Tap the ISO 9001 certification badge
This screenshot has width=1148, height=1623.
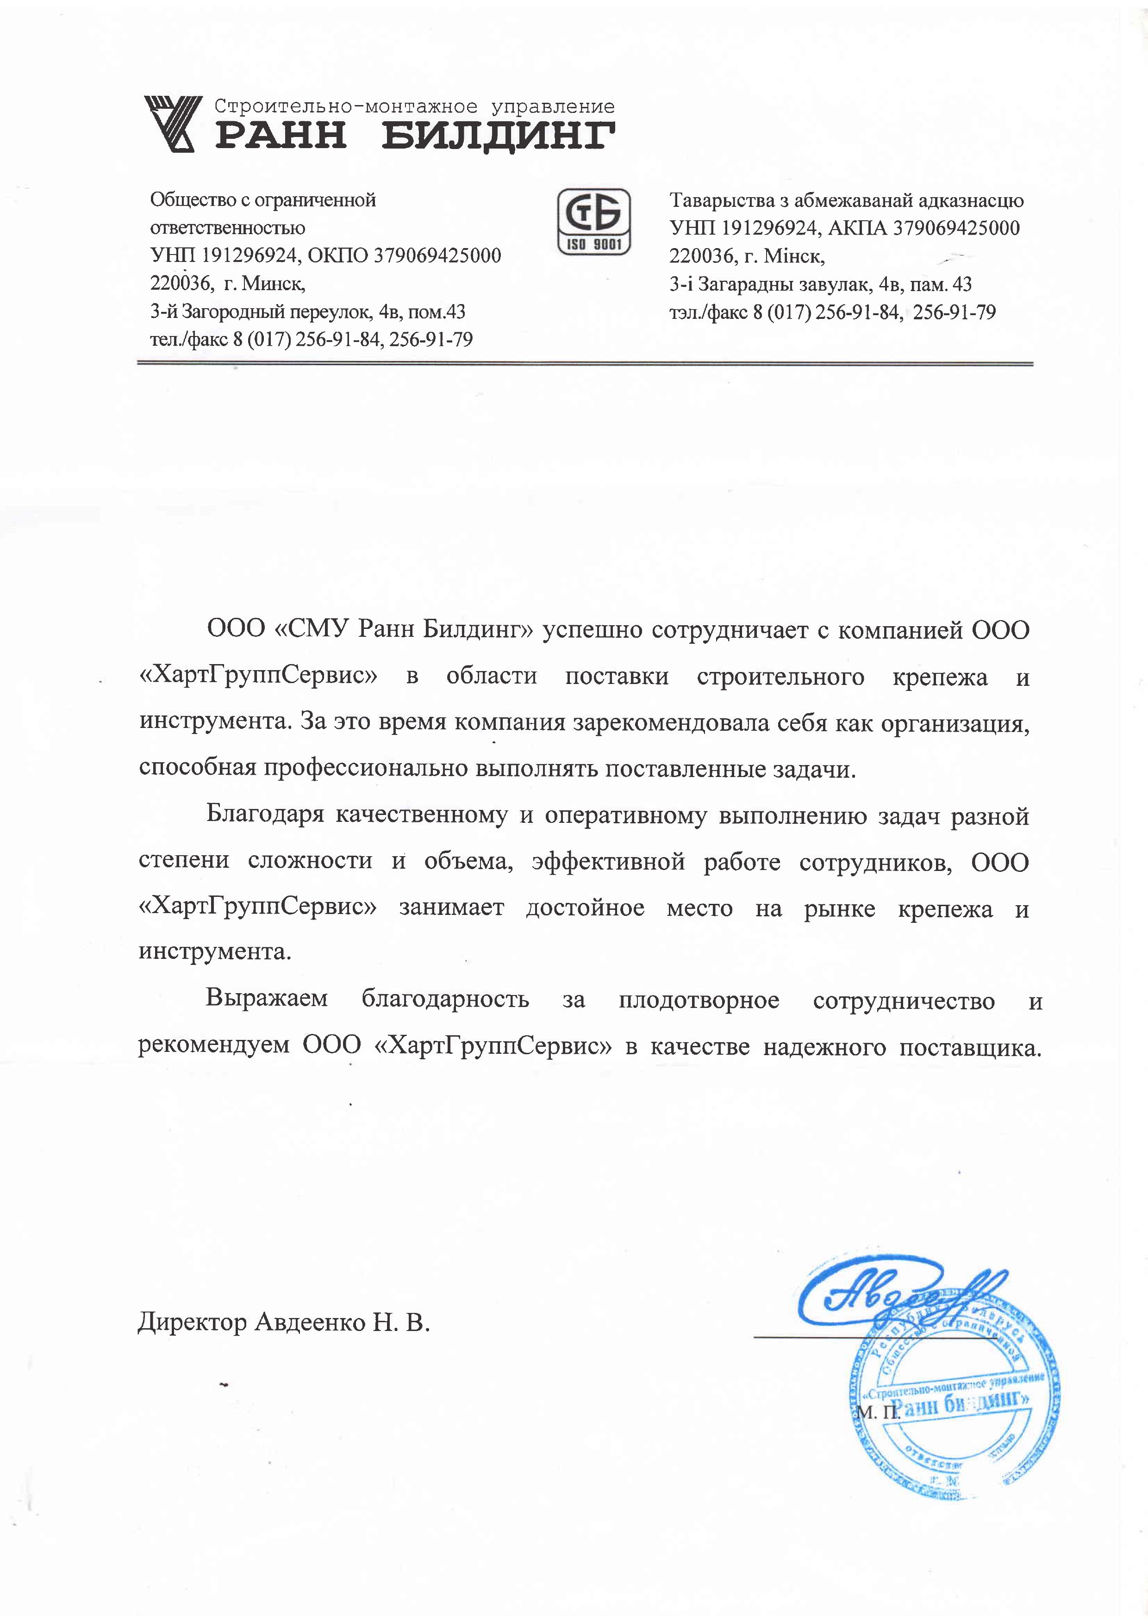pos(594,221)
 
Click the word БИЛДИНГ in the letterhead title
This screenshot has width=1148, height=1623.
pos(499,134)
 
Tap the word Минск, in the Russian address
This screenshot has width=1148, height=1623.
pos(273,284)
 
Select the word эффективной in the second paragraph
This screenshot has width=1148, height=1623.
pos(608,862)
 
